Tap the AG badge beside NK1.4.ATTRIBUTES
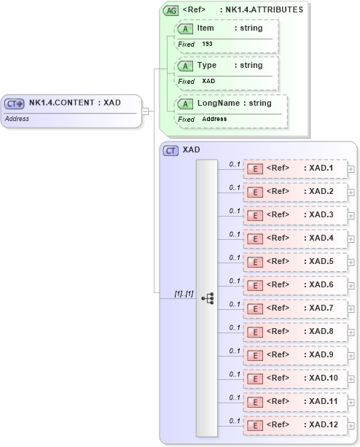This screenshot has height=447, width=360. (x=171, y=10)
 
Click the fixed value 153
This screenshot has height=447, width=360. (x=208, y=44)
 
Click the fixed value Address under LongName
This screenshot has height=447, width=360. (x=214, y=119)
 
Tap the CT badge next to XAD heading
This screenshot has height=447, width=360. (x=171, y=150)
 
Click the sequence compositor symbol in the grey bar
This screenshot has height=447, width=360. (x=207, y=298)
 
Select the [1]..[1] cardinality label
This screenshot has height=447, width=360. (x=183, y=293)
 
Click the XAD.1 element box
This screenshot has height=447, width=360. (x=295, y=168)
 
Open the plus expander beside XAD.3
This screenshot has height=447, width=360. (x=351, y=215)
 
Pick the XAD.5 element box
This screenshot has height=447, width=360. (x=295, y=262)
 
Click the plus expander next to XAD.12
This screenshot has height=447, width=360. (x=351, y=425)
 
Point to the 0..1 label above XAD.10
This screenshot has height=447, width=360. (x=235, y=374)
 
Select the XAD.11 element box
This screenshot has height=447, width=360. (x=295, y=402)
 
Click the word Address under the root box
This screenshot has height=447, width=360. (x=17, y=118)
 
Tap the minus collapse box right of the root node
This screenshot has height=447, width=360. (x=145, y=111)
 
